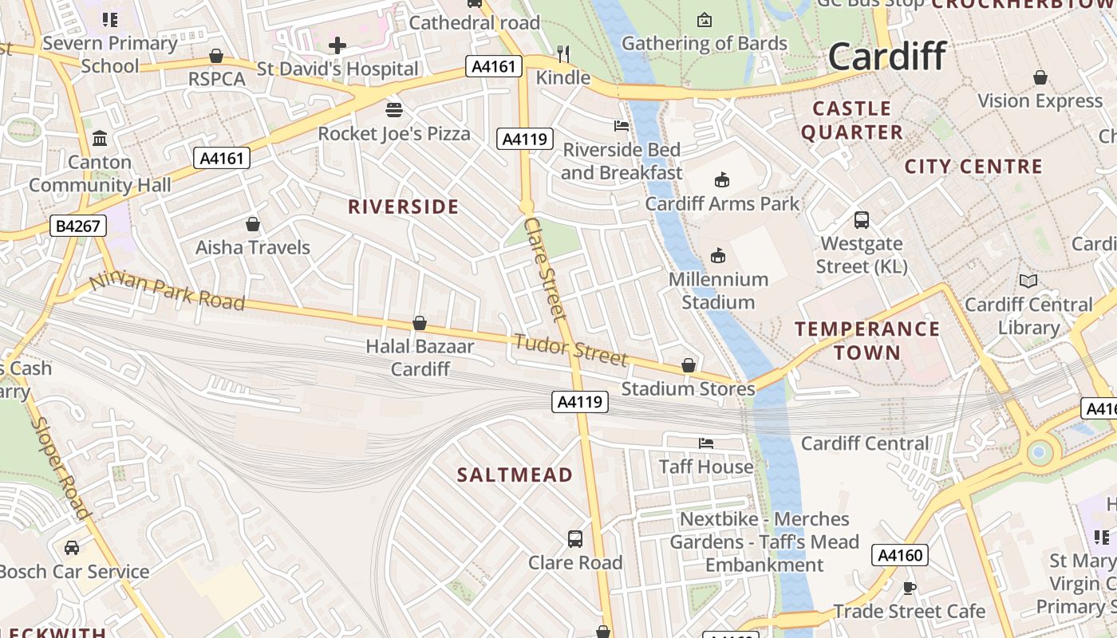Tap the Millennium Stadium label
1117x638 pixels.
[718, 290]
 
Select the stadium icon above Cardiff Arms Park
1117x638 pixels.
[722, 179]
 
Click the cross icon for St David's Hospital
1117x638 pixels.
[337, 45]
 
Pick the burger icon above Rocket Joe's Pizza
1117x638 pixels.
[394, 109]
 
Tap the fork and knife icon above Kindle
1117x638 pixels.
[563, 53]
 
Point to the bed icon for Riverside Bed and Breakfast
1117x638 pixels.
[622, 125]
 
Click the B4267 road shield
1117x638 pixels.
[78, 226]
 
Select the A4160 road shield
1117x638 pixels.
[901, 555]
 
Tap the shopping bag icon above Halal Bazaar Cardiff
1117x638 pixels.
[420, 323]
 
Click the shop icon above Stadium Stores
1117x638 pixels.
[689, 365]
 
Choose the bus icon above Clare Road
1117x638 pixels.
[575, 538]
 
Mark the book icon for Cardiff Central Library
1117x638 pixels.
[1028, 281]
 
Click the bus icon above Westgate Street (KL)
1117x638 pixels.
[862, 219]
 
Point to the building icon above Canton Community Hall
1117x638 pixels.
[100, 139]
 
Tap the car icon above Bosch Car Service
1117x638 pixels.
[72, 548]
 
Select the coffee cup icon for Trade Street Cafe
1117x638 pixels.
[909, 588]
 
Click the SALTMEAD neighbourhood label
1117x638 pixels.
[515, 475]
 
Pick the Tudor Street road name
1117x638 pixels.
[570, 350]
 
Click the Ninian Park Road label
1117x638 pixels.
[167, 291]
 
